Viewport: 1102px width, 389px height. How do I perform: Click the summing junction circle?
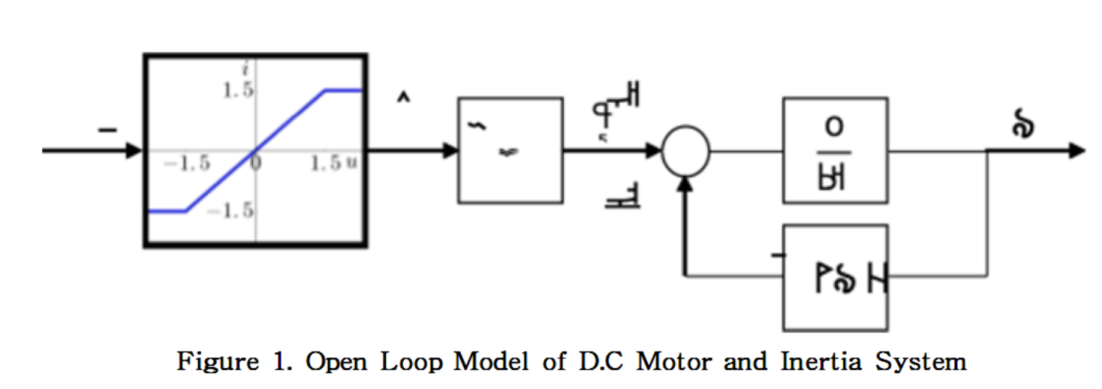pos(685,151)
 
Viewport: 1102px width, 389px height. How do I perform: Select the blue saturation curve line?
pos(255,150)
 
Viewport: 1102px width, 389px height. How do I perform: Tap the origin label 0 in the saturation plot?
pos(255,163)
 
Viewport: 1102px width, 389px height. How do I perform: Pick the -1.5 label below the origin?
pos(230,211)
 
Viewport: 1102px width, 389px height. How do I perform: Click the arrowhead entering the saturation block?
pos(134,151)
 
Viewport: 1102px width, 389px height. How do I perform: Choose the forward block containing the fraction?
pos(835,150)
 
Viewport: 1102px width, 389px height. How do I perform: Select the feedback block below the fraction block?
pos(835,277)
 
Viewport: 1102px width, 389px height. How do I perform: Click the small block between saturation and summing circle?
pos(510,150)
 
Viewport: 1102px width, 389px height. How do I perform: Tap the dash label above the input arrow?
pos(107,131)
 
